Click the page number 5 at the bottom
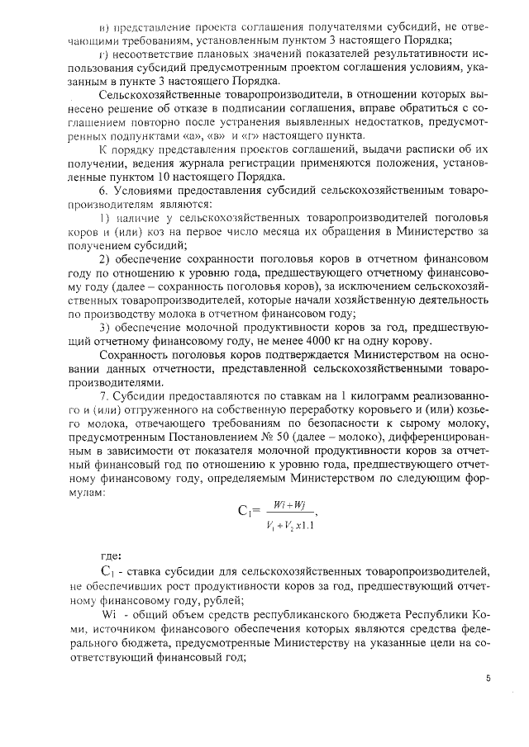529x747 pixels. (x=488, y=678)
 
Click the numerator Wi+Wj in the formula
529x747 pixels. (x=285, y=502)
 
